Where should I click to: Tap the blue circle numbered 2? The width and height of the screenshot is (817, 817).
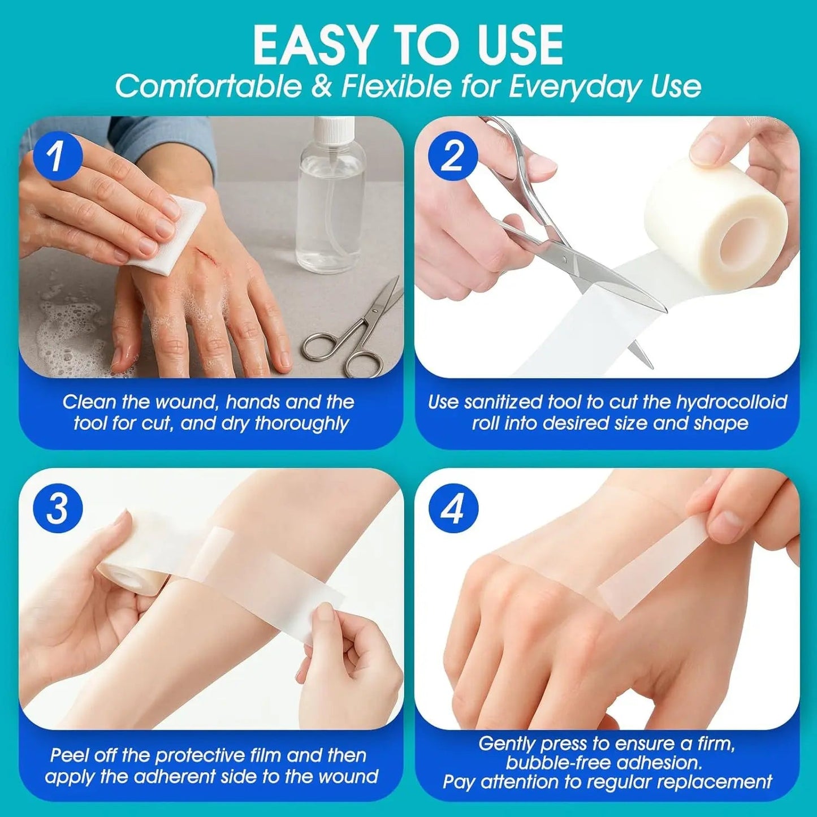pos(452,157)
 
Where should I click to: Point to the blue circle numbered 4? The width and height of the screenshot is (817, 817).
pos(452,510)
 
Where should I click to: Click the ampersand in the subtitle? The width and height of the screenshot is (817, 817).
pos(323,87)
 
